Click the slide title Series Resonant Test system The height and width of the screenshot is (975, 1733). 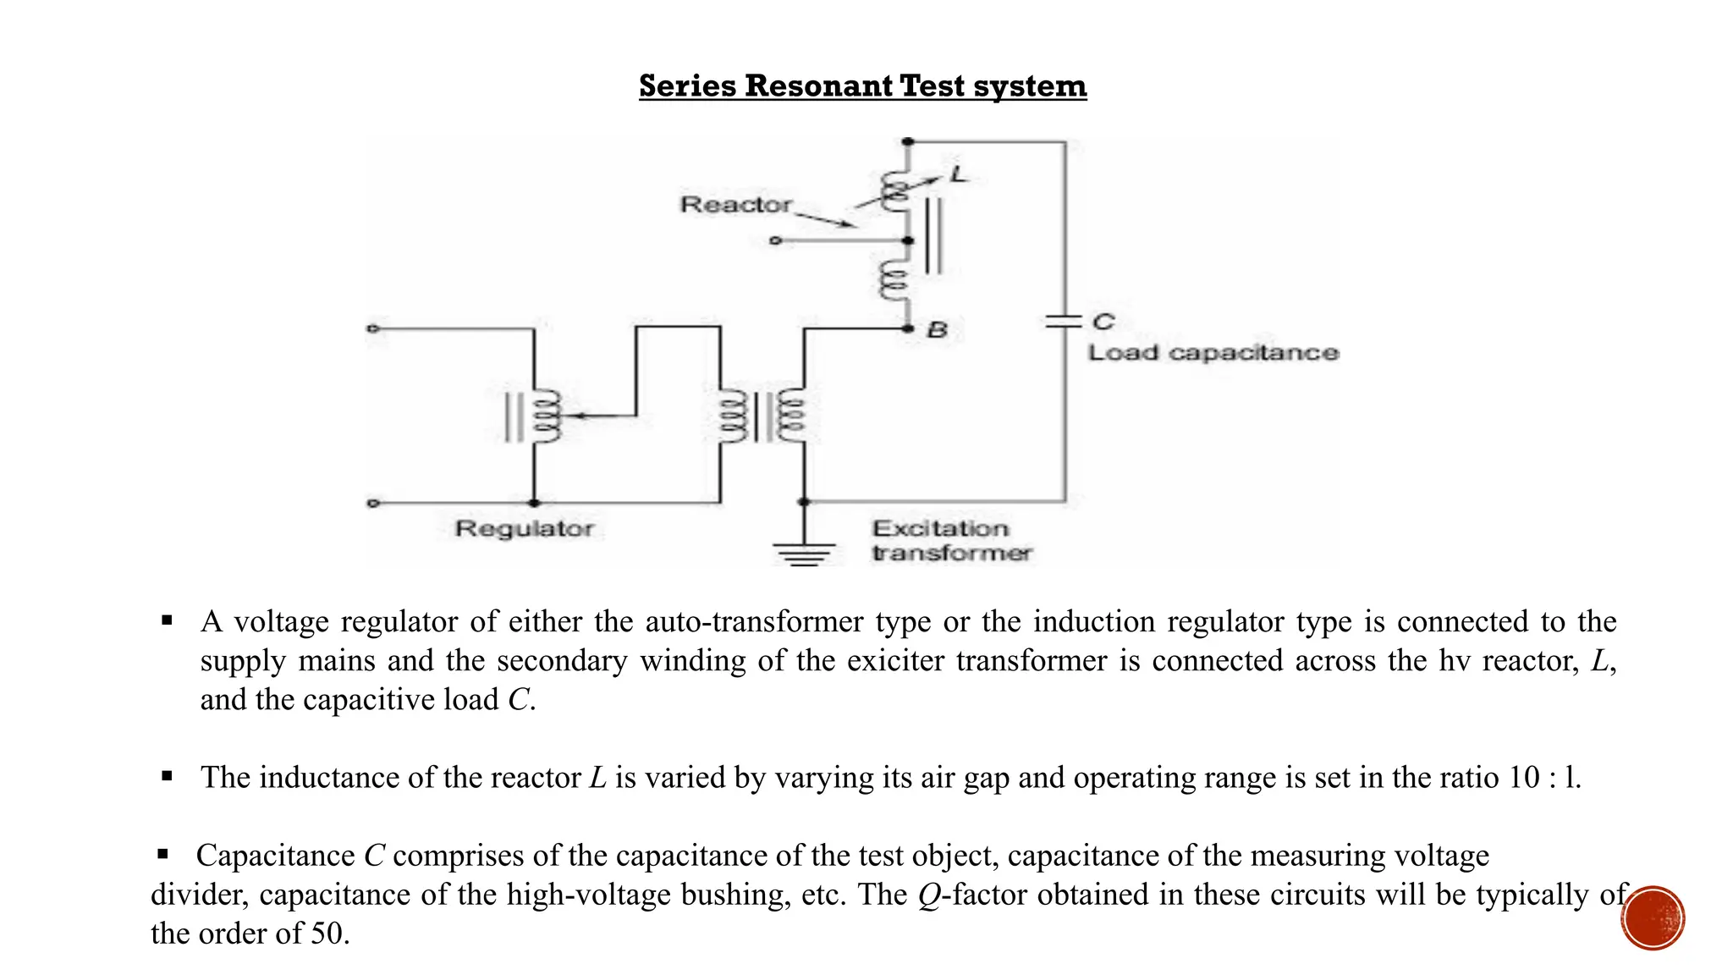click(x=862, y=86)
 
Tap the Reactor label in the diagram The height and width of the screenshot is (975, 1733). click(x=735, y=205)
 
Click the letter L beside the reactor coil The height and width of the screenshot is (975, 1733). click(x=958, y=175)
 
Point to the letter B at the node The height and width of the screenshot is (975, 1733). click(x=937, y=330)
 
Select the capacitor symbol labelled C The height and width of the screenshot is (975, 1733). click(x=1064, y=321)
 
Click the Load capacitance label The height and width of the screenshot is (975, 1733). click(x=1213, y=353)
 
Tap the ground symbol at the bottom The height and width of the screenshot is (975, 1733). click(x=804, y=553)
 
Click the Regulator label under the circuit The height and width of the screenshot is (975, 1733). click(x=524, y=529)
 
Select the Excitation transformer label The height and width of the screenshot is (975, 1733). click(x=950, y=541)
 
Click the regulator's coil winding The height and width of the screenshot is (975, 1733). click(x=545, y=416)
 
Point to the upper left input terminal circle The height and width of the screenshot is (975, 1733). click(x=372, y=328)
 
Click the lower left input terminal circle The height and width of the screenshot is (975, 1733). click(x=372, y=503)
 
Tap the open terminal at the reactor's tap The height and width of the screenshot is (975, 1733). click(x=774, y=241)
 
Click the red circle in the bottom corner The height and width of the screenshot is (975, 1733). click(x=1653, y=917)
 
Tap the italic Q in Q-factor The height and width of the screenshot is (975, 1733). click(x=929, y=895)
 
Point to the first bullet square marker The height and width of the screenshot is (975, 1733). click(x=167, y=621)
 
